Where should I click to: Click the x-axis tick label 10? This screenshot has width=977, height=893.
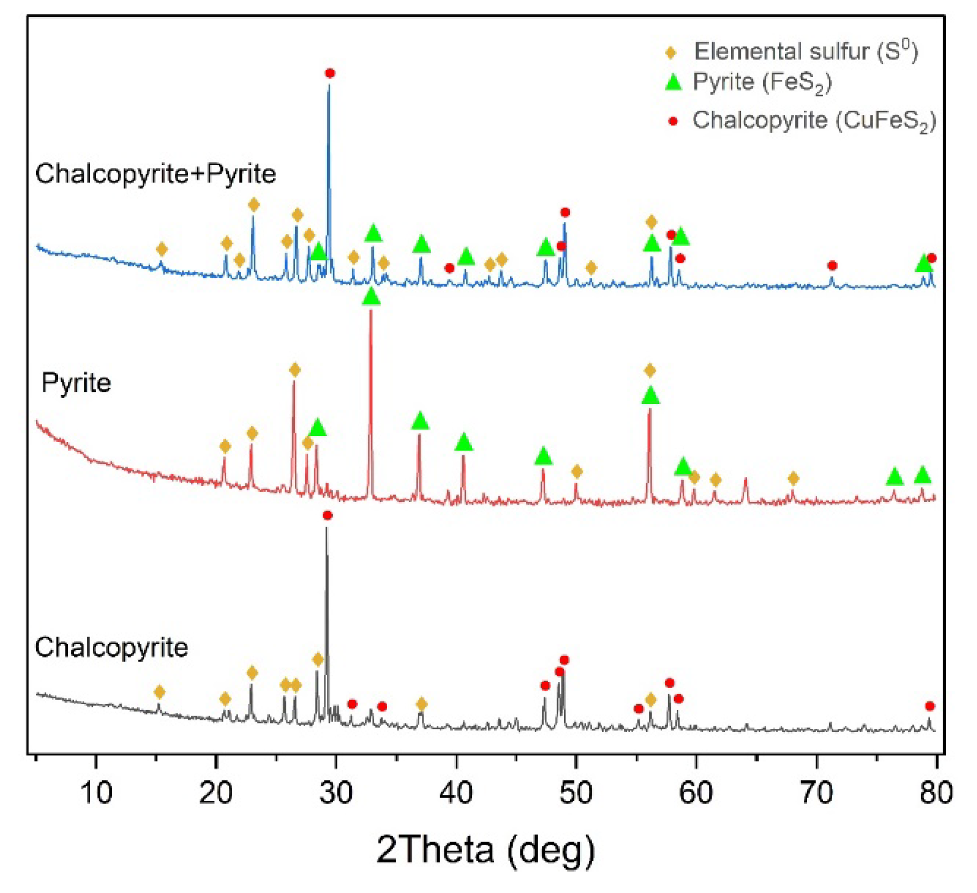[x=96, y=792]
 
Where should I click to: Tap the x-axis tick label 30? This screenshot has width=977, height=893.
[x=336, y=792]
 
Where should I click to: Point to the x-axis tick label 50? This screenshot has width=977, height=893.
[x=576, y=792]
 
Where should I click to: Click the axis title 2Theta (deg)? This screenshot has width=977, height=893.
[x=485, y=849]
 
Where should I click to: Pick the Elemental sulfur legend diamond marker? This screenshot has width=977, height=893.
[x=671, y=52]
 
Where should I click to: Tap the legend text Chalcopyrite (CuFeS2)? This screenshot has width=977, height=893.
[x=813, y=121]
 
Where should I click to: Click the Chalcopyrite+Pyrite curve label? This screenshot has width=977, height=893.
[x=156, y=174]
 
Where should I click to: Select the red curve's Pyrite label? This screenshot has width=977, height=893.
[x=76, y=383]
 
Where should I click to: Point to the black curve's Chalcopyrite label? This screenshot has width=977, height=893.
[x=111, y=647]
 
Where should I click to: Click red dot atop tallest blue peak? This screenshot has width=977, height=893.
[x=330, y=73]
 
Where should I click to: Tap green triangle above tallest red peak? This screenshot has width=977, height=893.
[x=371, y=297]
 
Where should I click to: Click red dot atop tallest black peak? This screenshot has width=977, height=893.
[x=328, y=515]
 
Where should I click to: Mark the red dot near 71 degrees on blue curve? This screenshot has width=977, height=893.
[x=832, y=265]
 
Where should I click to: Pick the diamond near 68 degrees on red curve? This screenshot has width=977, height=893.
[x=794, y=478]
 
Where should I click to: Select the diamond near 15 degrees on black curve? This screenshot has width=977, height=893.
[x=159, y=692]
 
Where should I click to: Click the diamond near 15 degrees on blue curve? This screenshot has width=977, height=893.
[x=161, y=249]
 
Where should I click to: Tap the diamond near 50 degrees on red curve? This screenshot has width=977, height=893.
[x=576, y=471]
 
